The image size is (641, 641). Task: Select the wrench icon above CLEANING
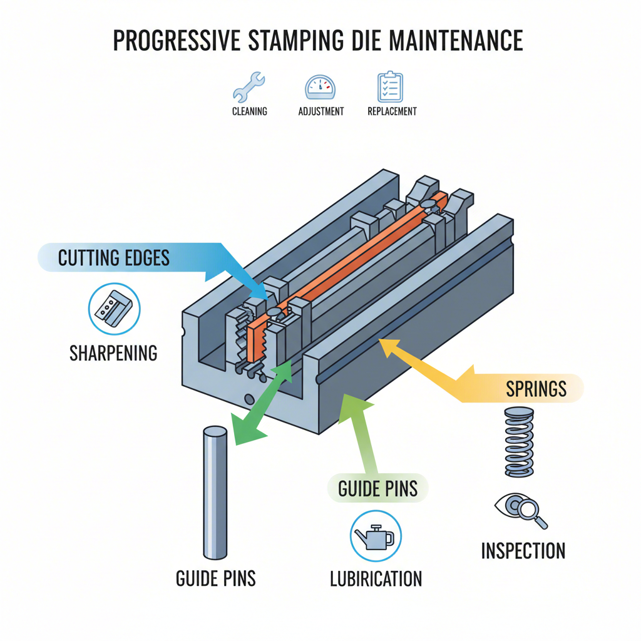click(x=249, y=87)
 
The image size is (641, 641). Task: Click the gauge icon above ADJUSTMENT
click(x=320, y=87)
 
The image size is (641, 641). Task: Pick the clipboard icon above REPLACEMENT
click(x=391, y=87)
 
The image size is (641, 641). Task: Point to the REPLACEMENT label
click(x=392, y=111)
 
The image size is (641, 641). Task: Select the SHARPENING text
click(x=113, y=353)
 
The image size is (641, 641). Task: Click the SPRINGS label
click(x=536, y=389)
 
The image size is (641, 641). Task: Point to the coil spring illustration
click(x=519, y=442)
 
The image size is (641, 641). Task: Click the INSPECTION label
click(x=523, y=551)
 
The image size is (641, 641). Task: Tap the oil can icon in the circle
click(x=375, y=536)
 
